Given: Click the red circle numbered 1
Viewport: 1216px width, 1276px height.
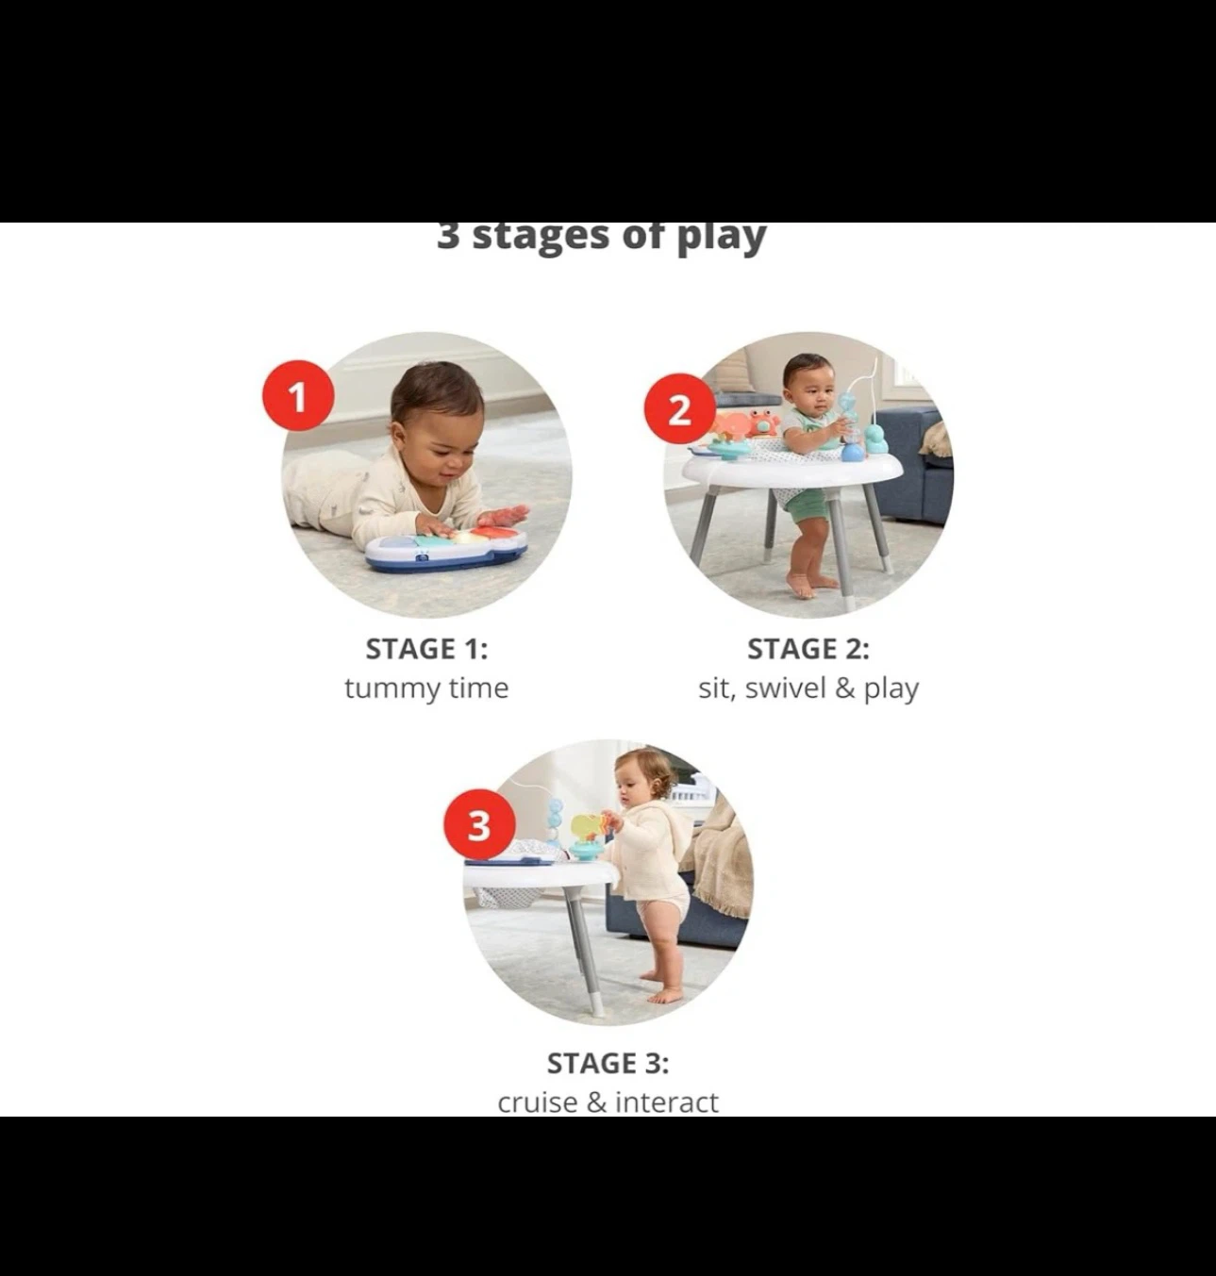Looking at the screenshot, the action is [x=298, y=396].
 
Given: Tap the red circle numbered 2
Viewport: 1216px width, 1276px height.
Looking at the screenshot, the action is [x=680, y=410].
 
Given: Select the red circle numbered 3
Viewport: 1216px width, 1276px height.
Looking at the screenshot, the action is [x=480, y=824].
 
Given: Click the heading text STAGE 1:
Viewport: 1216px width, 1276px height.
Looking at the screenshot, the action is [x=426, y=649].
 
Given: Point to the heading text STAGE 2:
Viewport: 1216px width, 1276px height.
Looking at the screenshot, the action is [x=808, y=649].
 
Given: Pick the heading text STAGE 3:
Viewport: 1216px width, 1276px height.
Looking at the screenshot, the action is [x=608, y=1063].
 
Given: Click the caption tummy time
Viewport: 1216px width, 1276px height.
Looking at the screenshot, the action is [x=426, y=688].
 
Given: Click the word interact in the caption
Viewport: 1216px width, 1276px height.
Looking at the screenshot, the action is [x=667, y=1102].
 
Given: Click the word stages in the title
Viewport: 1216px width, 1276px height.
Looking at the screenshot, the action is [x=542, y=237].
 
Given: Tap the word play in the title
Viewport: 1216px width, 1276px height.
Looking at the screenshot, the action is [x=722, y=237].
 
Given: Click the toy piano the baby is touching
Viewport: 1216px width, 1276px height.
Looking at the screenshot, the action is [x=446, y=550].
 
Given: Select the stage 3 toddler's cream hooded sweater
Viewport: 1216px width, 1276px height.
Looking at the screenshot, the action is [x=649, y=851].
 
